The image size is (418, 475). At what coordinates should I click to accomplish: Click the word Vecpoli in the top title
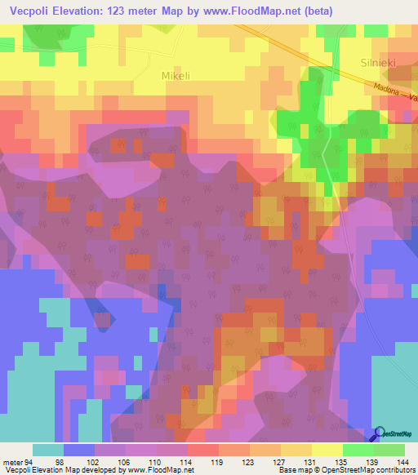30,11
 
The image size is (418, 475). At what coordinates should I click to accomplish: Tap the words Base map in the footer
292,470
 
